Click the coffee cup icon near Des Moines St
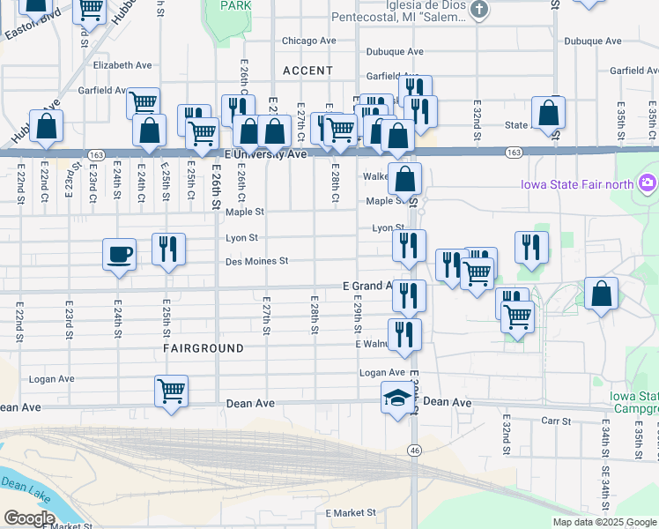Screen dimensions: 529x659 coord(120,255)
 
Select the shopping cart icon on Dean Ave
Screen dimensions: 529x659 coord(171,391)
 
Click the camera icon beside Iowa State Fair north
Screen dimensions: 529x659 coord(649,183)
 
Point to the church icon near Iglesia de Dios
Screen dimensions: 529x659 coord(479,10)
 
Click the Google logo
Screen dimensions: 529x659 coord(29,518)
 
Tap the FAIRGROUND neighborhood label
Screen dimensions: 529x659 coord(204,348)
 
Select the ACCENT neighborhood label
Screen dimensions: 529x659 coord(308,71)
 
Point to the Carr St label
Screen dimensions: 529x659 coord(557,421)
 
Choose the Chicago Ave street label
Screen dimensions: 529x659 coord(309,41)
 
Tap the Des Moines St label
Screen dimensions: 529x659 coord(256,261)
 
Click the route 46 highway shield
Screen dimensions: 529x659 coord(413,451)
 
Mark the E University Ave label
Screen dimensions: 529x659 coord(265,153)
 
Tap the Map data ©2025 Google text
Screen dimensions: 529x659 coord(604,522)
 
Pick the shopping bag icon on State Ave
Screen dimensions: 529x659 coord(549,115)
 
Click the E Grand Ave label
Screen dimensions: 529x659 coord(367,286)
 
